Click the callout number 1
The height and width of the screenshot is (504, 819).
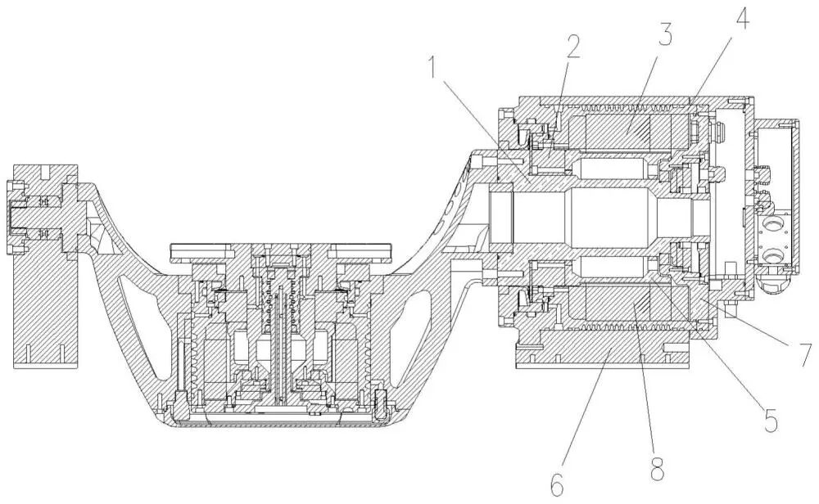click(x=433, y=70)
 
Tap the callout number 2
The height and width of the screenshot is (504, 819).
click(x=573, y=47)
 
